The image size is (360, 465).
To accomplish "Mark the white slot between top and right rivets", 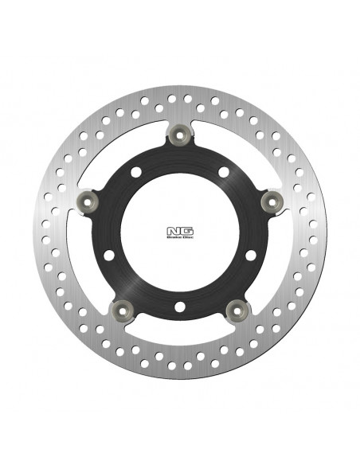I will pyautogui.click(x=234, y=155).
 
